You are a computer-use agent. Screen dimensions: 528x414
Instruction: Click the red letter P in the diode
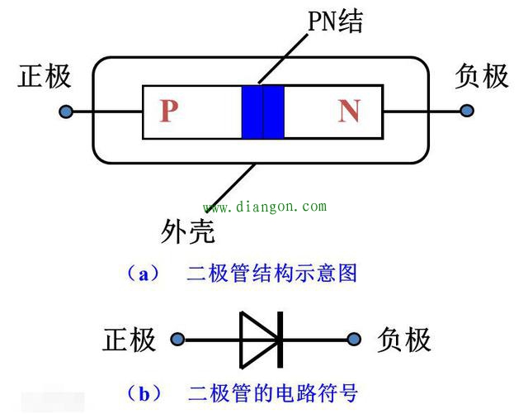tap(168, 111)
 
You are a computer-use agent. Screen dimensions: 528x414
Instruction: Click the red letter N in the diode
tap(350, 111)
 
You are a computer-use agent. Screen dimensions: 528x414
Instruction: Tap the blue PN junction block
tap(263, 112)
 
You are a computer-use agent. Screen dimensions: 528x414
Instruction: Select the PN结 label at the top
tap(336, 21)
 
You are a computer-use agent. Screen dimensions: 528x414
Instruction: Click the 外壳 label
tap(187, 231)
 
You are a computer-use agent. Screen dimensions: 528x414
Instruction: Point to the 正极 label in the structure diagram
tap(44, 76)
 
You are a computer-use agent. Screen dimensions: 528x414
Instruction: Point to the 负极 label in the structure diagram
tap(482, 76)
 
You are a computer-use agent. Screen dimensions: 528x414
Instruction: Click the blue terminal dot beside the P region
tap(66, 112)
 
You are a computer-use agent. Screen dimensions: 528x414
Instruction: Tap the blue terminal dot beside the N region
tap(467, 111)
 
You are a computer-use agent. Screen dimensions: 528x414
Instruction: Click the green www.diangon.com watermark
tap(265, 207)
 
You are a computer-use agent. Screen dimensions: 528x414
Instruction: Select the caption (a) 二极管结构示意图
tap(241, 274)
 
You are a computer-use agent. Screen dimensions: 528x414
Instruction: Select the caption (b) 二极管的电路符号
tap(241, 393)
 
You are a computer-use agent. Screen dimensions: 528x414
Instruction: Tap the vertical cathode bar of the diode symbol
tap(280, 340)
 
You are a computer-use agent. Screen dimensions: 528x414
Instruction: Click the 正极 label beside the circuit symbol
tap(129, 340)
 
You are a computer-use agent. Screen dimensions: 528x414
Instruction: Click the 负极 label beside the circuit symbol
tap(403, 340)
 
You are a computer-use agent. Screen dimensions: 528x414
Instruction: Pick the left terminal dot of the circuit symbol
tap(177, 339)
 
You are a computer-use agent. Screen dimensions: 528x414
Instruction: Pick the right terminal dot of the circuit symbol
tap(354, 339)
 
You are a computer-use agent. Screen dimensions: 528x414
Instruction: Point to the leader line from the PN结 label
tap(283, 58)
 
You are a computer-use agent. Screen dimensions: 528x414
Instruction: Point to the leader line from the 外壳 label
tap(229, 188)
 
